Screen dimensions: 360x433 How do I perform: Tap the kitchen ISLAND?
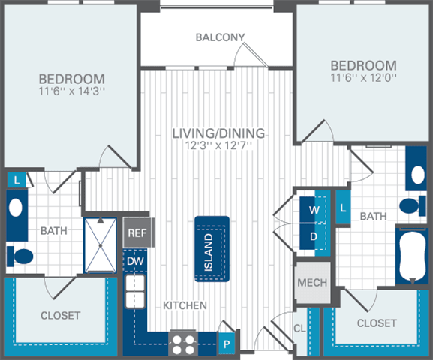click(211, 249)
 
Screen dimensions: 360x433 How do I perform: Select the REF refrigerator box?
click(137, 233)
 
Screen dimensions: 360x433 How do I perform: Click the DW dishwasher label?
click(135, 260)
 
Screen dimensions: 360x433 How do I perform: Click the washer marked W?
click(314, 210)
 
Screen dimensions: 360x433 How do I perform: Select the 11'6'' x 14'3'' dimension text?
click(72, 93)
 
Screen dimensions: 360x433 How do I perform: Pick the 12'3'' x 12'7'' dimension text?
click(218, 147)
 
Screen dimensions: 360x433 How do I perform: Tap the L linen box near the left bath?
click(17, 180)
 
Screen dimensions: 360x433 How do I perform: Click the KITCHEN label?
click(185, 306)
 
